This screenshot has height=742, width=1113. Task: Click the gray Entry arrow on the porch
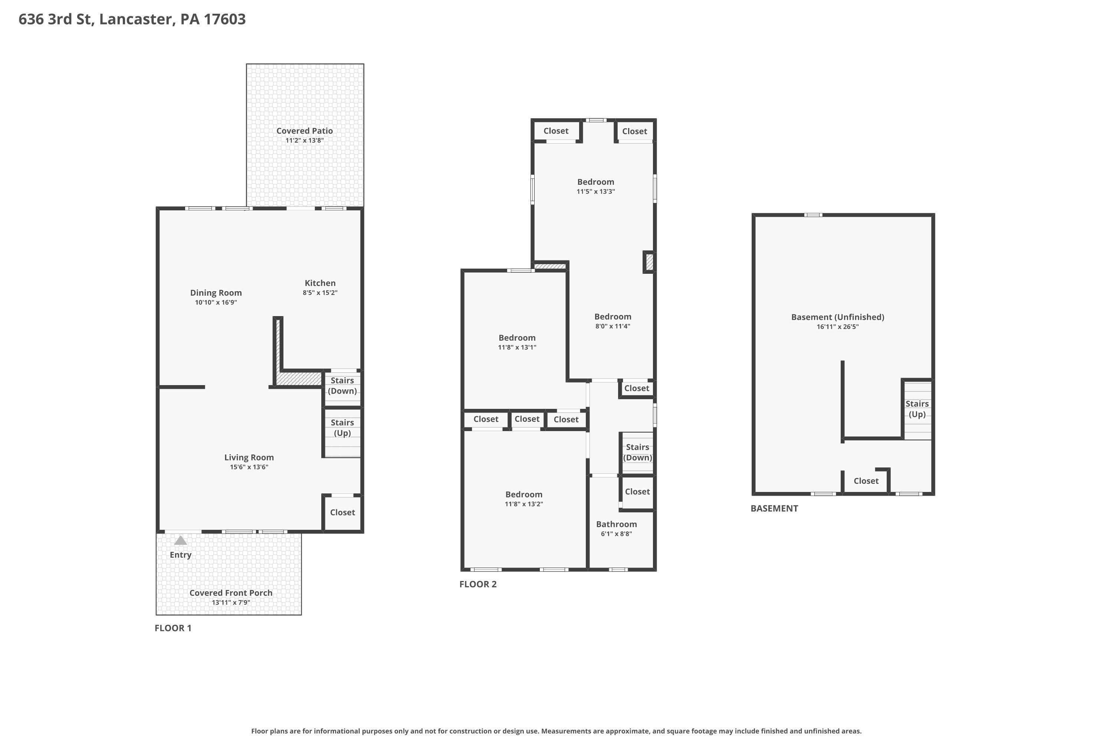click(180, 541)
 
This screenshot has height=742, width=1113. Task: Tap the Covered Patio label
click(305, 131)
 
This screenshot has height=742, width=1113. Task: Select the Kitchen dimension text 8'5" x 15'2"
click(321, 292)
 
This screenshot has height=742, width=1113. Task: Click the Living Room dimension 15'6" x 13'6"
click(249, 467)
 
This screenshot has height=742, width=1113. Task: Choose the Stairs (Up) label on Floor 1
click(342, 428)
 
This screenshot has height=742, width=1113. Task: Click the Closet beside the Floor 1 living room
click(342, 512)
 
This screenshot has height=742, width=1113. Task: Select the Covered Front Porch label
click(231, 593)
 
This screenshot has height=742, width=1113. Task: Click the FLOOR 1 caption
click(173, 628)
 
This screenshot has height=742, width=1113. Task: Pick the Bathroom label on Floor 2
click(617, 524)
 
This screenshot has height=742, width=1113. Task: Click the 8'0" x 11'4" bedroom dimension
click(613, 326)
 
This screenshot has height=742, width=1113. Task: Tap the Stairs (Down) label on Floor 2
click(637, 452)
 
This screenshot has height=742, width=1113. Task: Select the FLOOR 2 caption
click(478, 584)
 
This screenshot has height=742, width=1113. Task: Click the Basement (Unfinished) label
click(838, 317)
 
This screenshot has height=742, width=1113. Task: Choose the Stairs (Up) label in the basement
click(917, 409)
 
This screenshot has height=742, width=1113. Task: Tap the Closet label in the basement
click(866, 481)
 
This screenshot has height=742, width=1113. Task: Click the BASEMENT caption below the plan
click(774, 508)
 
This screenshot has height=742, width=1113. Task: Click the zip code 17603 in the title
click(225, 19)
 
